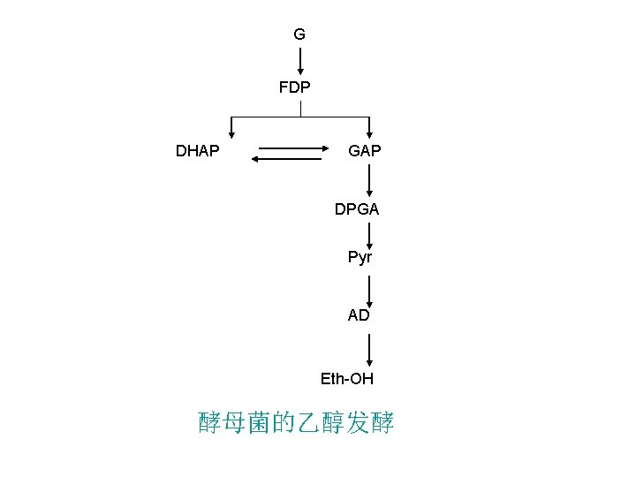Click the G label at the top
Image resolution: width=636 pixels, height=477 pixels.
point(299,34)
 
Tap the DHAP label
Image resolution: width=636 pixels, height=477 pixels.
point(198,151)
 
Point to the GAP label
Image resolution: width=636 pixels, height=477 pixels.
point(365,151)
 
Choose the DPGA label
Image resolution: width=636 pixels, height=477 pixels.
point(357,209)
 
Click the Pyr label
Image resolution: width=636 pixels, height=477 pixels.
point(360,258)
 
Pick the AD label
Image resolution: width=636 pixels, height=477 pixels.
point(359,314)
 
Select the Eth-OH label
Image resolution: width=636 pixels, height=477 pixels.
point(347,379)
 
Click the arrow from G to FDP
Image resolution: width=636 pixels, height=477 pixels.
point(300,60)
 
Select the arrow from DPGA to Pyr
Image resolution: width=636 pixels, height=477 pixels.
point(369,234)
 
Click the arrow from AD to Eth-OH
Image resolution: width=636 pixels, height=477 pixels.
point(369,347)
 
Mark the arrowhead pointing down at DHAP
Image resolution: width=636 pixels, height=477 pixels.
point(231,133)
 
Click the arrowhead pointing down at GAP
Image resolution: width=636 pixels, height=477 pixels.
point(370,133)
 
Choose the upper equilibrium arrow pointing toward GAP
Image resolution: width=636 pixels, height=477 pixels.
point(292,149)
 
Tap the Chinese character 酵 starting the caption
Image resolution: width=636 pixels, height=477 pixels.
point(210,424)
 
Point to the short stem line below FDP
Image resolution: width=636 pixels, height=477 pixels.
point(300,109)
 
